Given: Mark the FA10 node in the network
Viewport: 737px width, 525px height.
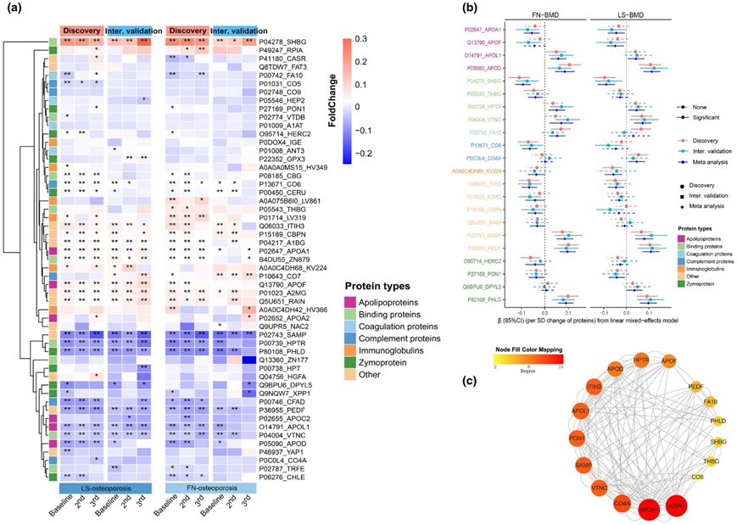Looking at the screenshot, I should click(x=710, y=402).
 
